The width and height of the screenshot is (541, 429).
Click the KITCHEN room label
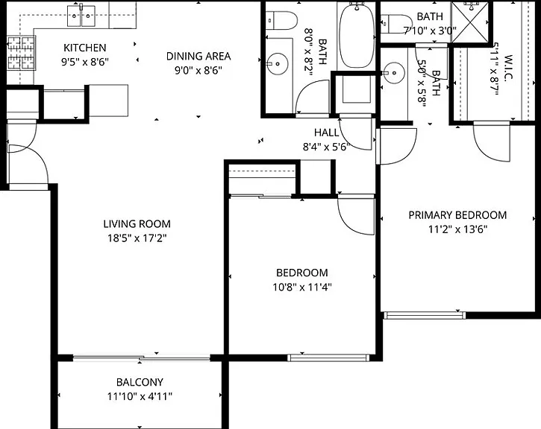click(85, 48)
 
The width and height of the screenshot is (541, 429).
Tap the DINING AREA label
click(198, 56)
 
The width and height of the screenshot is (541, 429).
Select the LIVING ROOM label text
click(137, 223)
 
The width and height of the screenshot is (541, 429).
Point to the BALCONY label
click(140, 382)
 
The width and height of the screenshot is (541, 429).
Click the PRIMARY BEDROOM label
click(457, 215)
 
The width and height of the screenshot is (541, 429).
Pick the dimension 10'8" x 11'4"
click(302, 287)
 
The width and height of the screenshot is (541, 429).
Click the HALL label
click(326, 133)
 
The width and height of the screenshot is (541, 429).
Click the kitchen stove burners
click(21, 53)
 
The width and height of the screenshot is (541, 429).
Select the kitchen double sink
click(81, 16)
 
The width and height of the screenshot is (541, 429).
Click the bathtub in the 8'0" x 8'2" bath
click(357, 36)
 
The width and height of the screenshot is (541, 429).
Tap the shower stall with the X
click(470, 22)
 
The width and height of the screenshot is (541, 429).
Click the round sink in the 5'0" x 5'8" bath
click(394, 73)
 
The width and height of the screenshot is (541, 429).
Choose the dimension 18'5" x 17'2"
click(137, 238)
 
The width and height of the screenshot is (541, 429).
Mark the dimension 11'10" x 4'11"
click(140, 397)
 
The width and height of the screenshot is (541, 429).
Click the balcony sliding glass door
click(142, 358)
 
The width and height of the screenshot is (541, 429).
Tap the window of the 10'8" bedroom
click(328, 357)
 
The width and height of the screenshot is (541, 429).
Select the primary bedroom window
click(425, 315)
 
